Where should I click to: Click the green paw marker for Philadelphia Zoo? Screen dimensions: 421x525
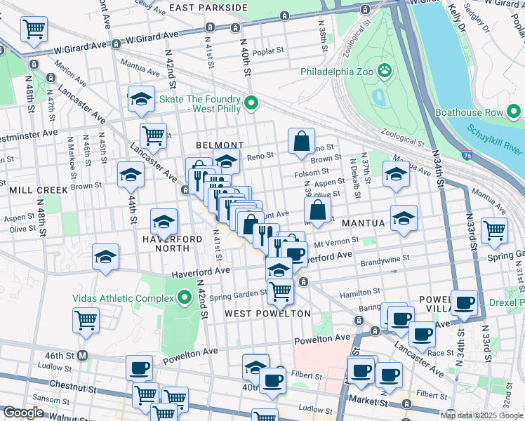coord(385,71)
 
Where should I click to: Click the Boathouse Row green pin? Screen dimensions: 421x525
coord(515,112)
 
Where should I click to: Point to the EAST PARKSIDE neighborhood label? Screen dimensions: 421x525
coord(208,8)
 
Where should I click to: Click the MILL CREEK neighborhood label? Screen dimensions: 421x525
coord(39,190)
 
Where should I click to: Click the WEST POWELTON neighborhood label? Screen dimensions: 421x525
coord(267,313)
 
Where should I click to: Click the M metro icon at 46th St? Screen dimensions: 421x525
coord(84,356)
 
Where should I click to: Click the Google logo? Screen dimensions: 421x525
coord(24,413)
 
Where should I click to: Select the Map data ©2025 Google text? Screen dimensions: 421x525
coord(481,415)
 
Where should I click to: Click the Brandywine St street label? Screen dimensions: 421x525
coord(385,259)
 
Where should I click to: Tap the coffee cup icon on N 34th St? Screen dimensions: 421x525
coord(464,302)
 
